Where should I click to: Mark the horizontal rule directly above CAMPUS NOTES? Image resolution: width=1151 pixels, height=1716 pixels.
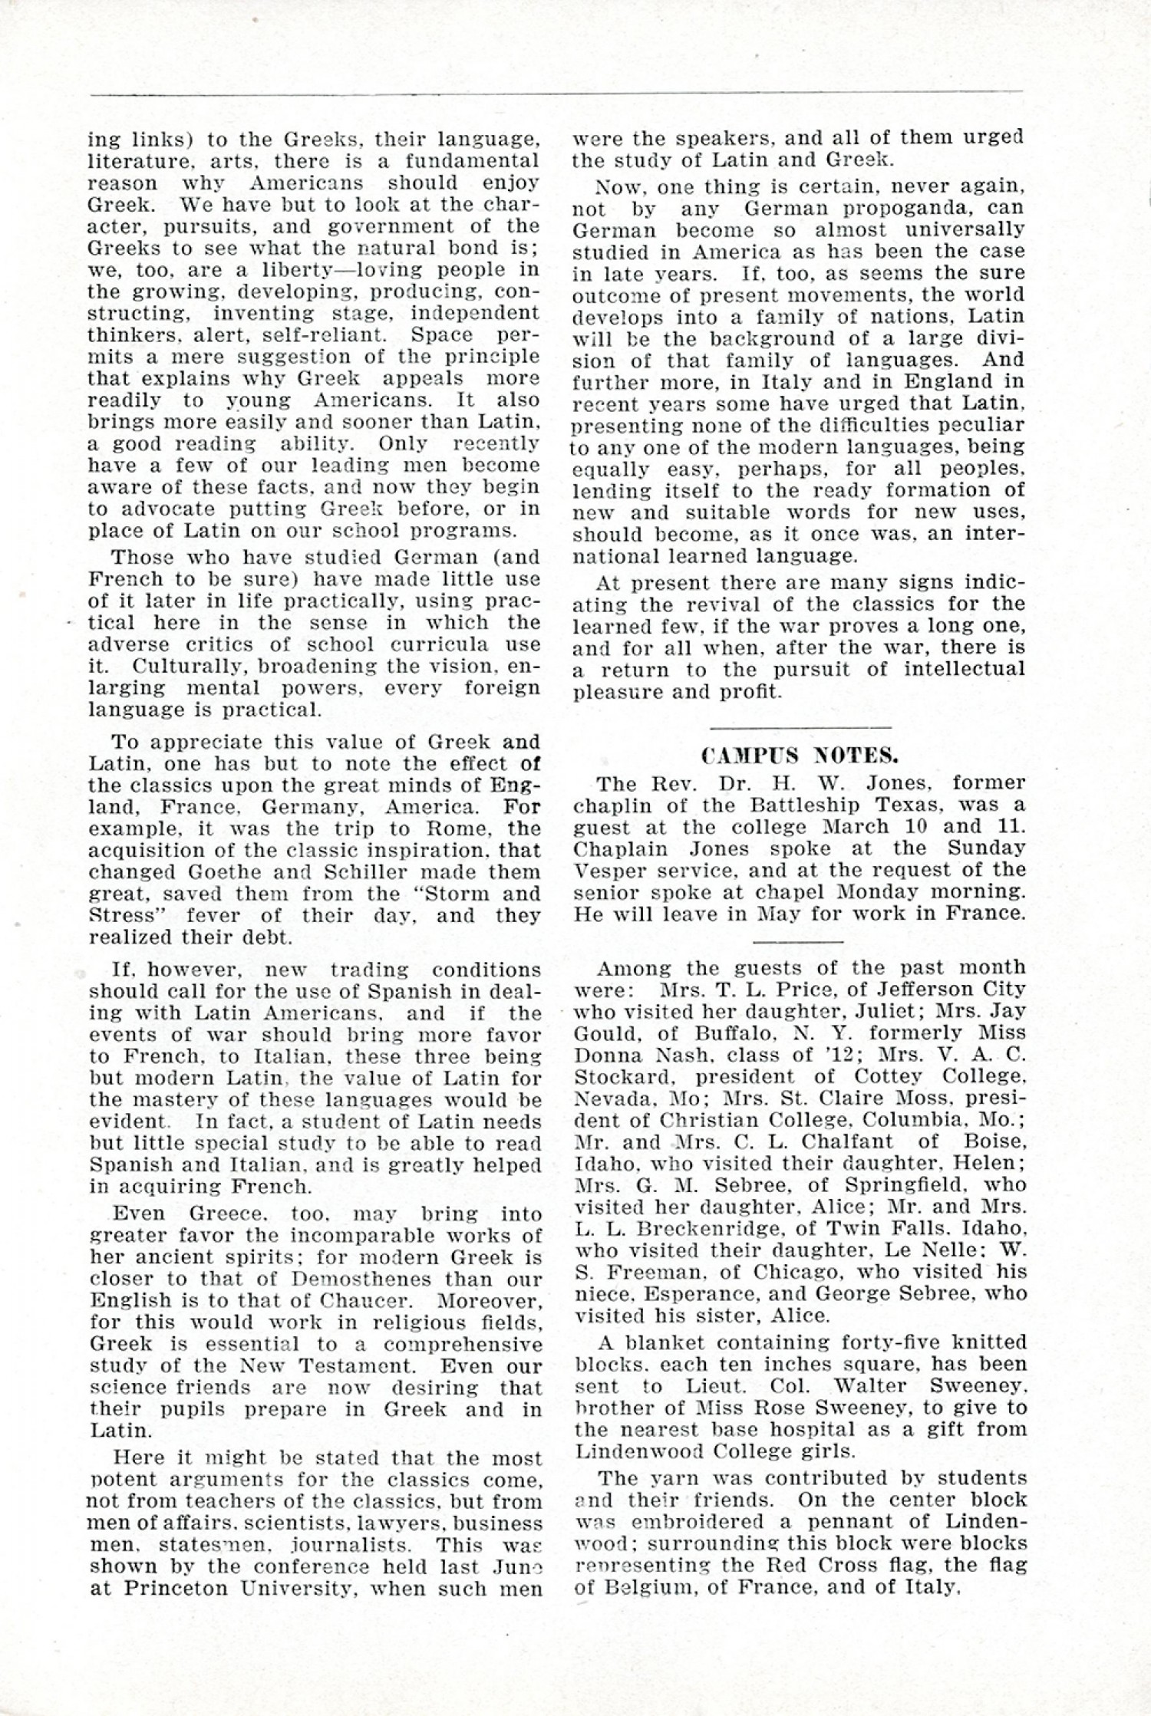tap(801, 726)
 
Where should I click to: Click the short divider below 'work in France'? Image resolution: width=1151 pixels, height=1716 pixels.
tap(799, 940)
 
